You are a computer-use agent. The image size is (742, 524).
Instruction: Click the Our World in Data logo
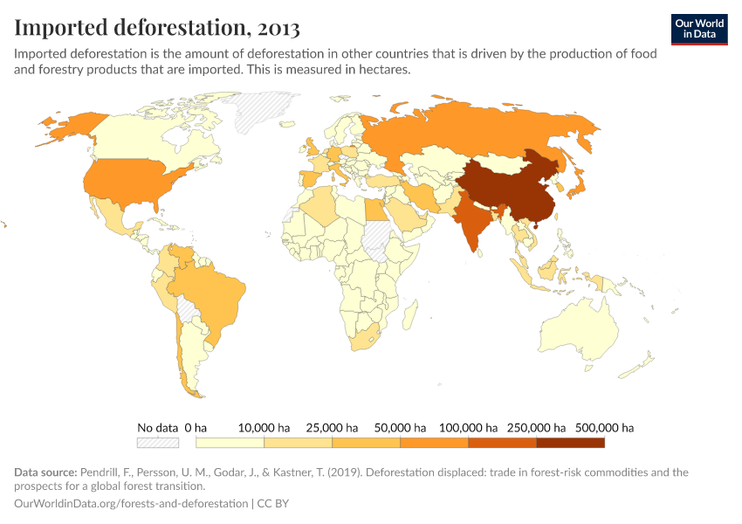[x=699, y=29]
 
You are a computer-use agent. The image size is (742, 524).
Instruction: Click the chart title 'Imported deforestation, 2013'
[x=157, y=28]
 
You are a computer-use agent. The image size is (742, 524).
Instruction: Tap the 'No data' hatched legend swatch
[x=158, y=443]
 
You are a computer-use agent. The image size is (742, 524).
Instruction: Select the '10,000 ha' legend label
[x=264, y=428]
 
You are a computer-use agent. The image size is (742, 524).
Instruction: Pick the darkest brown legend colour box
[x=570, y=443]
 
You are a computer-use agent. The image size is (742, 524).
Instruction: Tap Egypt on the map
[x=374, y=210]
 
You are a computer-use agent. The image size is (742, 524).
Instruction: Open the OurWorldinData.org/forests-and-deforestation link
[x=131, y=504]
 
